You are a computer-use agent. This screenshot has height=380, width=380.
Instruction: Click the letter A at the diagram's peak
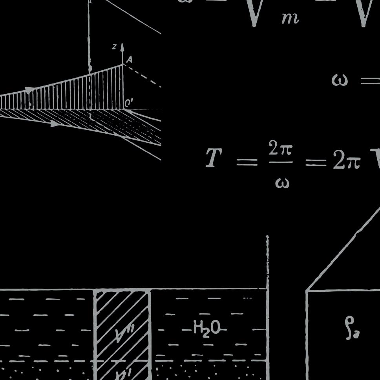(x=130, y=60)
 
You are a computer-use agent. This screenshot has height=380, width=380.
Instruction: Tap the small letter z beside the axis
(x=114, y=47)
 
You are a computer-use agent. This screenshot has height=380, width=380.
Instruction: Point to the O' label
(x=129, y=103)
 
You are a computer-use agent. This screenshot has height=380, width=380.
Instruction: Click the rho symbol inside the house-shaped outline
(x=352, y=327)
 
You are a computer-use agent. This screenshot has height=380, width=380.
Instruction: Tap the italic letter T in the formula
(x=214, y=158)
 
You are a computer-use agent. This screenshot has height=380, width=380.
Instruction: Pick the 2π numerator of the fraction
(x=280, y=149)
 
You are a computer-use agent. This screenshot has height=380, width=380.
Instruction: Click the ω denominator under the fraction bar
(x=282, y=182)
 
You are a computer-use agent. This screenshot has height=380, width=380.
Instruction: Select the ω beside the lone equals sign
(x=340, y=80)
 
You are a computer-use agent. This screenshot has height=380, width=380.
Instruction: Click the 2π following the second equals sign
(x=346, y=160)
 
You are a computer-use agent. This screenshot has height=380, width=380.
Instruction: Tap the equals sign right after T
(x=247, y=161)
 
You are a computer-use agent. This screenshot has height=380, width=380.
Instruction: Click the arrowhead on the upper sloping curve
(x=29, y=90)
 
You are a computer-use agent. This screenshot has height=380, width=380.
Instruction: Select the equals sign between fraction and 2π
(x=316, y=162)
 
